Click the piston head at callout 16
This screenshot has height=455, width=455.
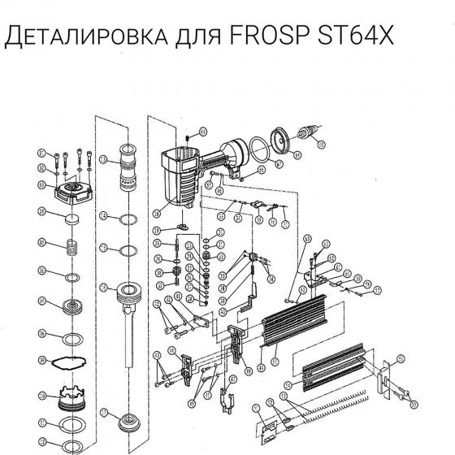(x=129, y=292)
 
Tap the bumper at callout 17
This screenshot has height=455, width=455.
(x=128, y=423)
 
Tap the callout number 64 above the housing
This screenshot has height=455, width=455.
(x=203, y=131)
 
